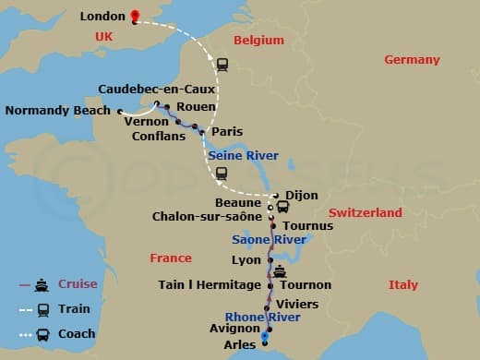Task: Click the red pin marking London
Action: [135, 16]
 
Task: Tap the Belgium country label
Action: [258, 42]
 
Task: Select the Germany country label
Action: [412, 60]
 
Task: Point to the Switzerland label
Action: [366, 213]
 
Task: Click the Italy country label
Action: [402, 284]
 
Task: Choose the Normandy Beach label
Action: [57, 112]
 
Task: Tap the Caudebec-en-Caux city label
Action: [155, 90]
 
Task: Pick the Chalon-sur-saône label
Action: [209, 217]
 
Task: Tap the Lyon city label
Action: [246, 261]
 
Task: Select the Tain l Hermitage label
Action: [209, 285]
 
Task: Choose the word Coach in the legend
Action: [77, 334]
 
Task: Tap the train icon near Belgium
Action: [222, 65]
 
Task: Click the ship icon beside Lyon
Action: [279, 272]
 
